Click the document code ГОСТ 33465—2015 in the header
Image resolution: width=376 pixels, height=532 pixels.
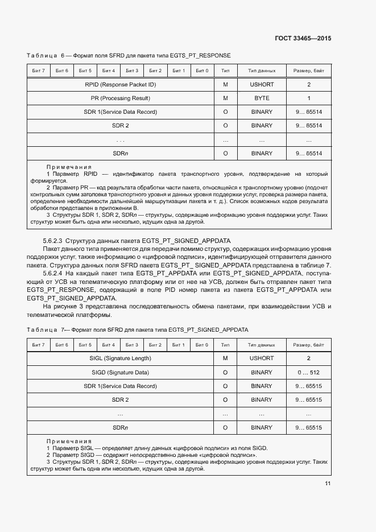point(303,38)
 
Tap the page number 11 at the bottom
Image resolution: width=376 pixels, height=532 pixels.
point(328,484)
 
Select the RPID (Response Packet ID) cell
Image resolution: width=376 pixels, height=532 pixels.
point(120,85)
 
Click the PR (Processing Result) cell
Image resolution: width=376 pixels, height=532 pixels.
point(120,98)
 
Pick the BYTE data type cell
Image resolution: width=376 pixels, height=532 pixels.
point(262,98)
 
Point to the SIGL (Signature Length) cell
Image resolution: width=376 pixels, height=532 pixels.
point(120,358)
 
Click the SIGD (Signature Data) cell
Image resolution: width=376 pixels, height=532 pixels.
point(120,372)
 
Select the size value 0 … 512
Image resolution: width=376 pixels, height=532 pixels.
point(309,372)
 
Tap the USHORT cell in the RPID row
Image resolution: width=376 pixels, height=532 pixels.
point(262,85)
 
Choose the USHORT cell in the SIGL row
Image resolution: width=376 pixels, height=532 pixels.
point(262,358)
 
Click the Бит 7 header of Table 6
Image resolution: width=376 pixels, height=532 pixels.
point(39,71)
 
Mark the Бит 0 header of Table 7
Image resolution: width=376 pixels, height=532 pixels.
point(202,345)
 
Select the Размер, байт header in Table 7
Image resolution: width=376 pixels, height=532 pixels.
point(309,345)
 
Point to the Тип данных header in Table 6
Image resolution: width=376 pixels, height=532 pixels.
point(262,71)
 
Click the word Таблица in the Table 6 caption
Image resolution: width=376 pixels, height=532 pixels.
point(42,55)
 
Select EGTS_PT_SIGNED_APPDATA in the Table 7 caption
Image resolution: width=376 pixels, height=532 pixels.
point(209,329)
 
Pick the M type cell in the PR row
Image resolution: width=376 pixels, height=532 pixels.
point(225,98)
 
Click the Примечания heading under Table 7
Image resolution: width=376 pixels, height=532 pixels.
point(69,441)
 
